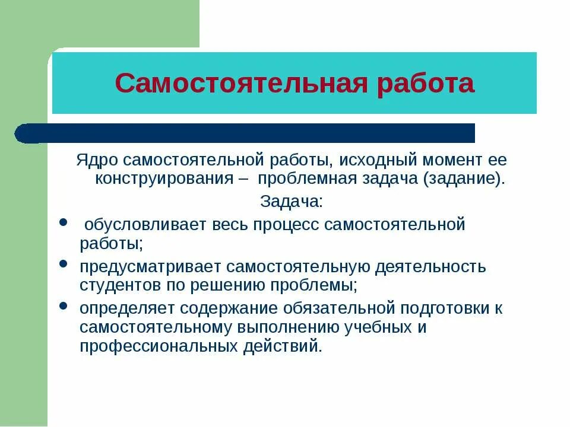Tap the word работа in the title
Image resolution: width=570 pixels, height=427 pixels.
pyautogui.click(x=426, y=84)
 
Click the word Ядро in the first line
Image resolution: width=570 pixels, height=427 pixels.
pyautogui.click(x=92, y=160)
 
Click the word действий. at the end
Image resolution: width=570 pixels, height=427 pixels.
pyautogui.click(x=289, y=346)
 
